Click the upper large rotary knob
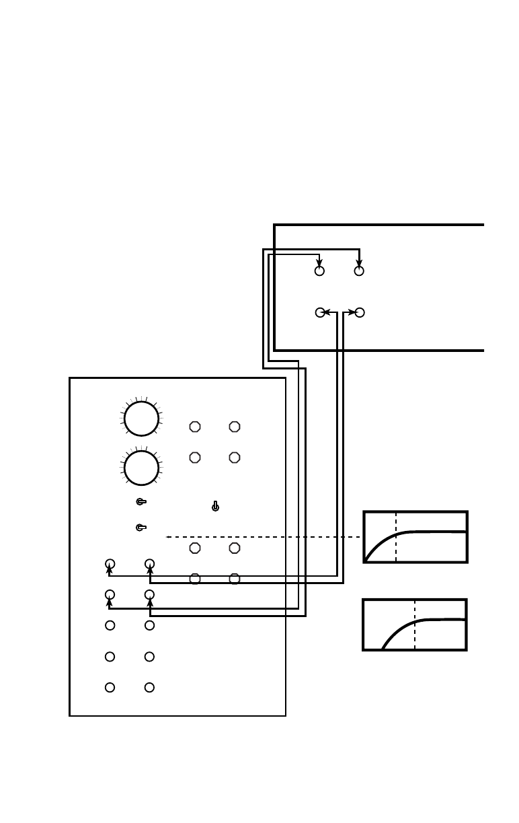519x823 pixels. pyautogui.click(x=141, y=419)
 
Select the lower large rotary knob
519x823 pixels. pyautogui.click(x=141, y=468)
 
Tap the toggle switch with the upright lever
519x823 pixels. pyautogui.click(x=215, y=506)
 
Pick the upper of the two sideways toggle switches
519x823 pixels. pyautogui.click(x=141, y=501)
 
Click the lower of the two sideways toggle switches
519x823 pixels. pyautogui.click(x=141, y=528)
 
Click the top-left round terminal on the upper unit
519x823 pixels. pyautogui.click(x=319, y=271)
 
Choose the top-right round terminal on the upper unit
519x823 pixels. pyautogui.click(x=359, y=271)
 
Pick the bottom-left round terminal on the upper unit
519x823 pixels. pyautogui.click(x=320, y=312)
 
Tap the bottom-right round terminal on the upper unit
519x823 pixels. pyautogui.click(x=360, y=312)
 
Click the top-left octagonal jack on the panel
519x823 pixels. pyautogui.click(x=195, y=427)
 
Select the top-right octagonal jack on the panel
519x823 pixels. pyautogui.click(x=234, y=427)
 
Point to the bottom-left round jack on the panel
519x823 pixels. pyautogui.click(x=110, y=687)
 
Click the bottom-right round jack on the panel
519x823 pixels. pyautogui.click(x=149, y=687)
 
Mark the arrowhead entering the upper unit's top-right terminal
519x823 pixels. pyautogui.click(x=359, y=262)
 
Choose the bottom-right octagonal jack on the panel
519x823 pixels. pyautogui.click(x=234, y=579)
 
